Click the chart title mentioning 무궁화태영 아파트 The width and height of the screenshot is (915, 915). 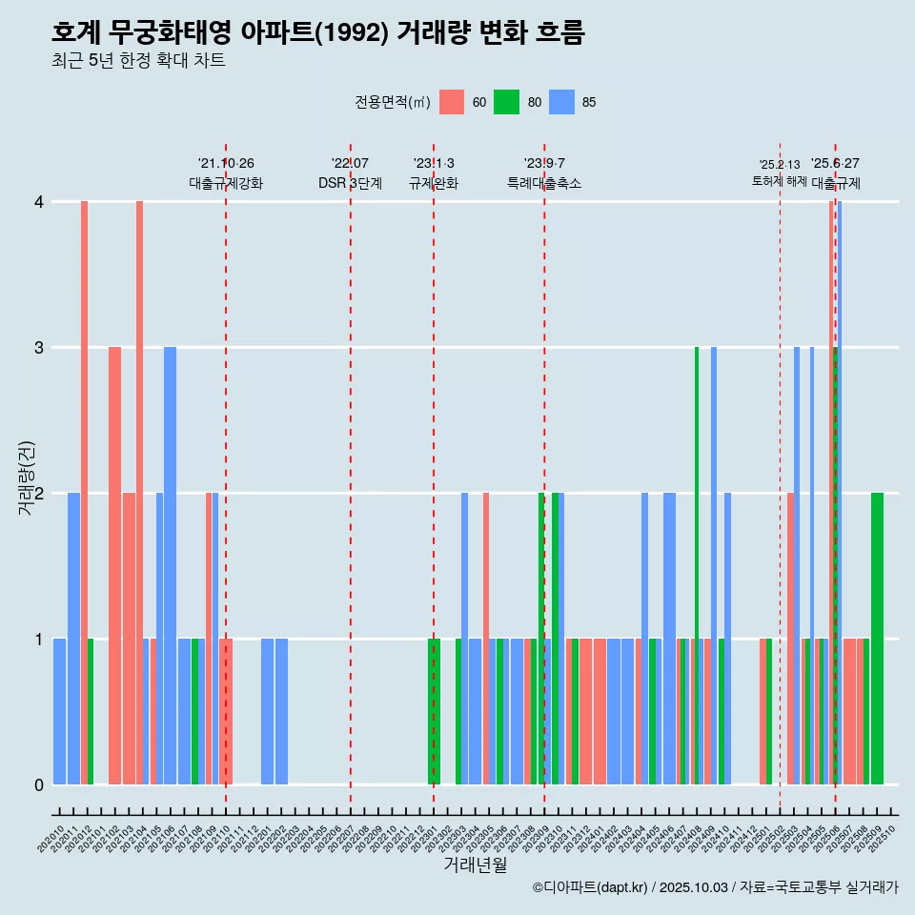pyautogui.click(x=317, y=33)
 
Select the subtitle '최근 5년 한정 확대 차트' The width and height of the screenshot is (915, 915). pyautogui.click(x=138, y=62)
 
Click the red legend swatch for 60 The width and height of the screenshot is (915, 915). pyautogui.click(x=452, y=102)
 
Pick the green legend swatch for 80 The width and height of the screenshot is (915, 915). pyautogui.click(x=506, y=102)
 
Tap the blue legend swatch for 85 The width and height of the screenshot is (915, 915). pyautogui.click(x=561, y=102)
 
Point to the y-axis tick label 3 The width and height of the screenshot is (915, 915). pyautogui.click(x=39, y=348)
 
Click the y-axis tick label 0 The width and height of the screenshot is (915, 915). pyautogui.click(x=39, y=785)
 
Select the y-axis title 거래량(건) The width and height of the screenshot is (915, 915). pyautogui.click(x=27, y=477)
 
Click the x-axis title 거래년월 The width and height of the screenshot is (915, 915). pyautogui.click(x=475, y=864)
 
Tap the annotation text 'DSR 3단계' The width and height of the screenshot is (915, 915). pyautogui.click(x=351, y=183)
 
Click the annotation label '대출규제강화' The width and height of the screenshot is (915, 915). pyautogui.click(x=226, y=183)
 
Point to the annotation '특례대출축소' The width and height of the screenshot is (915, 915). pyautogui.click(x=544, y=183)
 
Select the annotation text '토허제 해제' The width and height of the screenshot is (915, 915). pyautogui.click(x=779, y=181)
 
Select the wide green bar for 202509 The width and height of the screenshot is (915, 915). pyautogui.click(x=877, y=639)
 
